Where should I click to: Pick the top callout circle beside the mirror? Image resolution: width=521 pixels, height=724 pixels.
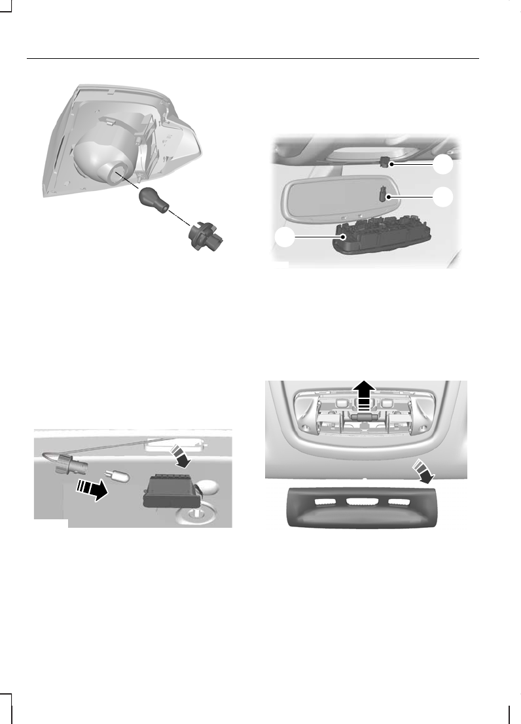444,165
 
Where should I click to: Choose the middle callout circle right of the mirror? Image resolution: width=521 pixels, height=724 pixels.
444,196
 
